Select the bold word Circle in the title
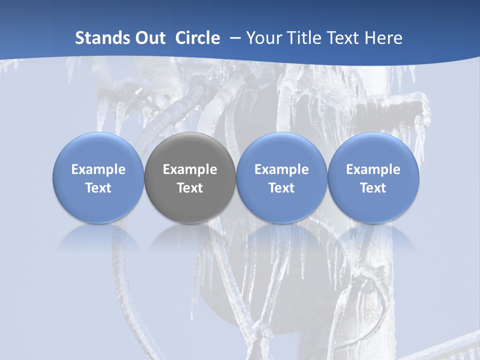coord(197,38)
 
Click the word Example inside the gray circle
coord(190,169)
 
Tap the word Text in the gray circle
coord(190,188)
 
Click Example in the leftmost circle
coord(98,169)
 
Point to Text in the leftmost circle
coord(98,188)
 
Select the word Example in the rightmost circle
coord(373,169)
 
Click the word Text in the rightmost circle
coord(373,188)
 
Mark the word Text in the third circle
coord(281,188)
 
